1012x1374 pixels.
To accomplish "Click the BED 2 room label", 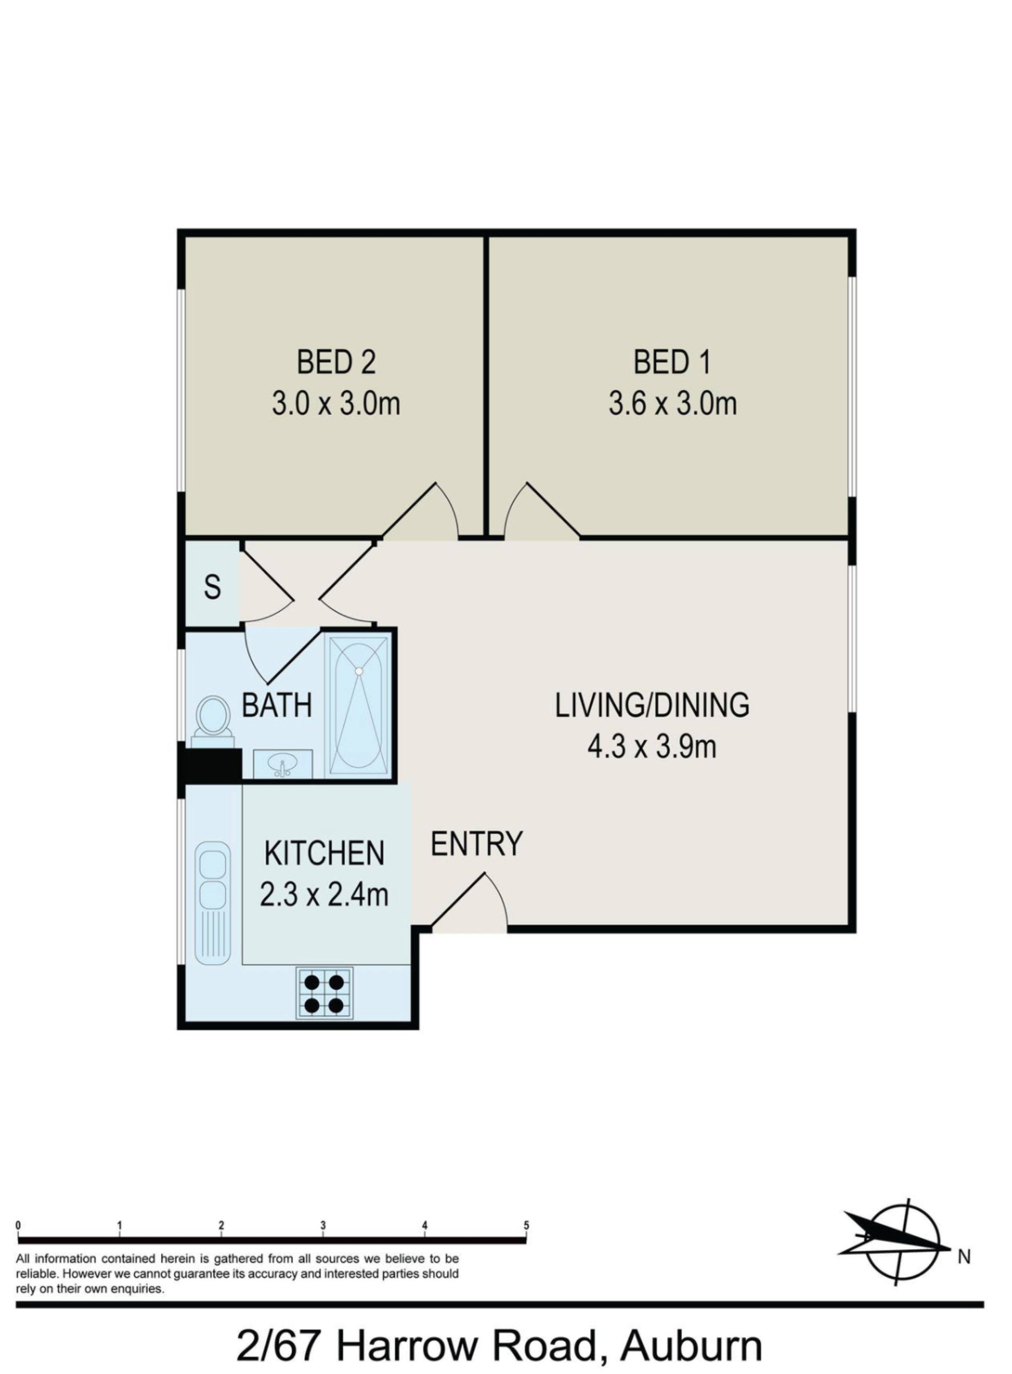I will tap(336, 362).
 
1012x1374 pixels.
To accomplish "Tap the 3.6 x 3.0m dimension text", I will tap(672, 404).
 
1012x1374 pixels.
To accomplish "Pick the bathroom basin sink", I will tap(283, 764).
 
